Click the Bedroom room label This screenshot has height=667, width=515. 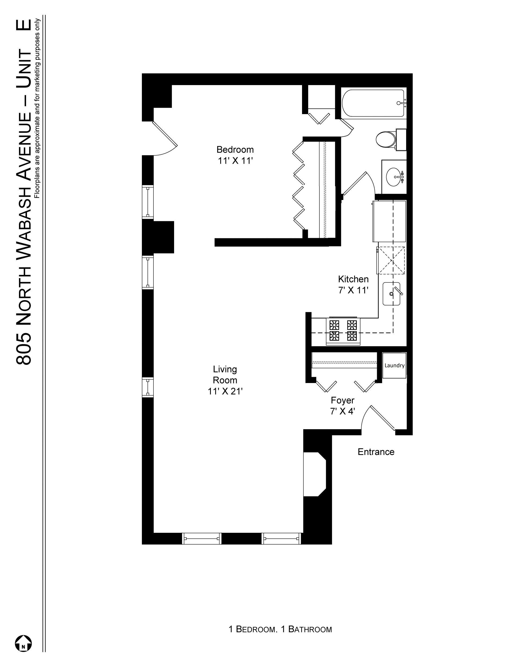click(235, 149)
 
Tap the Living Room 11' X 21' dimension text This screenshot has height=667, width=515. click(225, 391)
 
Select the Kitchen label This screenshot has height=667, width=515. click(353, 279)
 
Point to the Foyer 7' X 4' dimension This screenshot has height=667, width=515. click(342, 411)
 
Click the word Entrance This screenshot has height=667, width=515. click(376, 452)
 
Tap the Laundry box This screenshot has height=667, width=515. click(394, 365)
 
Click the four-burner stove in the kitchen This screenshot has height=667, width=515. click(343, 331)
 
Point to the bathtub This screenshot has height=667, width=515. click(373, 103)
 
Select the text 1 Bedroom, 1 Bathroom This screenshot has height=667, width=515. click(280, 629)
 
